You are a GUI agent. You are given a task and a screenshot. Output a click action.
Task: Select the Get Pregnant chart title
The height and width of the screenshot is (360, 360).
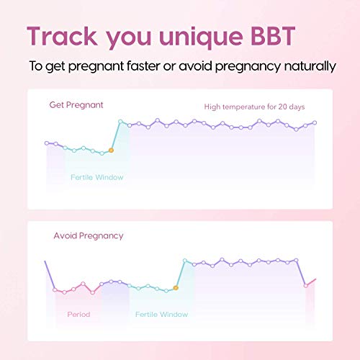(x=76, y=105)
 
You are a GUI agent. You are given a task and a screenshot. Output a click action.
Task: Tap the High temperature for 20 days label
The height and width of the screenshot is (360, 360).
(x=254, y=107)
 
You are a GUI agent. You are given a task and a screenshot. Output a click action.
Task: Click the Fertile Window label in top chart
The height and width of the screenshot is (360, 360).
(x=96, y=177)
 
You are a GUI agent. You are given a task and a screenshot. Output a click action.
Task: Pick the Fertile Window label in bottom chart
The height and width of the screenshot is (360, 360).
(x=161, y=315)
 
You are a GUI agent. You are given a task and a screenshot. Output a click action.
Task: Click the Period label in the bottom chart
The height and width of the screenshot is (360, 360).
(x=78, y=315)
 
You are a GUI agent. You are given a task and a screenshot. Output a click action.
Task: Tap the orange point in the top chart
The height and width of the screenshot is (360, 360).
(x=111, y=150)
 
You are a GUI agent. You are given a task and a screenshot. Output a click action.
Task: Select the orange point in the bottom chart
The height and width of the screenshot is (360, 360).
(x=176, y=288)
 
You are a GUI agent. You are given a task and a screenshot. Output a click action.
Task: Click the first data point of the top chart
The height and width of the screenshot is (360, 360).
(x=47, y=143)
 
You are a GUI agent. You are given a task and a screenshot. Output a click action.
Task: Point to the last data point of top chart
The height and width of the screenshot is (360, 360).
(x=315, y=122)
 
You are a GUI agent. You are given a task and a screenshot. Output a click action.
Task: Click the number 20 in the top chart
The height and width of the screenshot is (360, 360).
(x=282, y=107)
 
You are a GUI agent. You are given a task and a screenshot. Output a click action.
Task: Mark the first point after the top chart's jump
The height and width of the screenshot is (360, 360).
(x=120, y=122)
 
